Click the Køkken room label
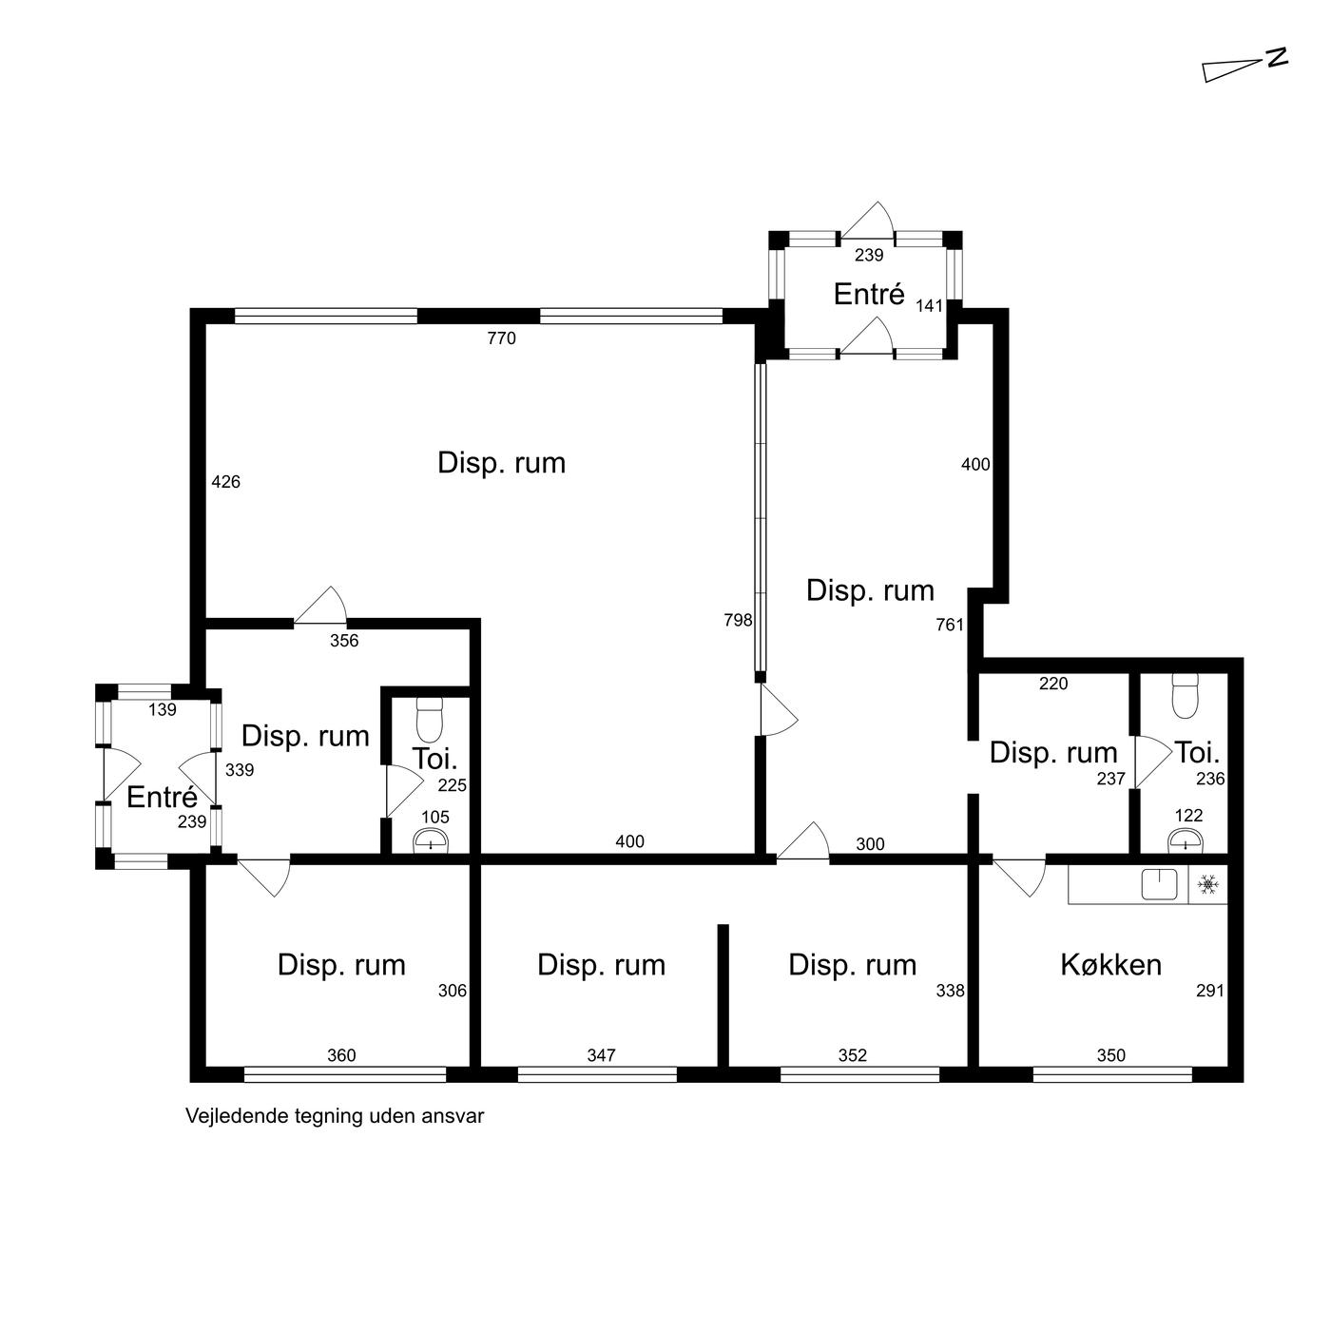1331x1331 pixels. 1110,965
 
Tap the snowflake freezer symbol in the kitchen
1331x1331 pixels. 1207,885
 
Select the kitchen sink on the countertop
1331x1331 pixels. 1159,884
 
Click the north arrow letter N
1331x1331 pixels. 1278,58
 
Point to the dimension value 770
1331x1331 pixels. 501,338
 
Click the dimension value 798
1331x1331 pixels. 738,620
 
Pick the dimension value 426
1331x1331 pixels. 226,481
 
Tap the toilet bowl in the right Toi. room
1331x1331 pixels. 1186,697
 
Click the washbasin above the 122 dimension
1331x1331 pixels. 1186,841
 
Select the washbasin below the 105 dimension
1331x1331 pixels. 431,842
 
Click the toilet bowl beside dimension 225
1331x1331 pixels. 431,720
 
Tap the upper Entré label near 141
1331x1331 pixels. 869,294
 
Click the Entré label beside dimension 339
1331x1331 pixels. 163,797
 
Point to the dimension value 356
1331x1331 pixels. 344,640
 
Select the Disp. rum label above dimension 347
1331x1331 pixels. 601,965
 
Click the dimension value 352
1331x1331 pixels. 853,1054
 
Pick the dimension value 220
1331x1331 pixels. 1053,684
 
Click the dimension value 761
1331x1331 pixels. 950,625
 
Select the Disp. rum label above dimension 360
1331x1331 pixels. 341,965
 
